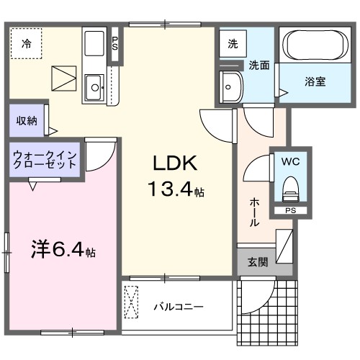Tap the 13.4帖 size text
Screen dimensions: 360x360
pos(176,192)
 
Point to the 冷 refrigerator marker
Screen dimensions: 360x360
pos(26,44)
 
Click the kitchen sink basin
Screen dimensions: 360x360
pos(94,89)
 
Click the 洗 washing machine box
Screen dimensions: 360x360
pos(233,43)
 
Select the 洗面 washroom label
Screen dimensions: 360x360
pos(259,66)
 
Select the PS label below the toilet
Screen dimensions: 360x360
pos(290,211)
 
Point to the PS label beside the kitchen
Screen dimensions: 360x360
pos(115,43)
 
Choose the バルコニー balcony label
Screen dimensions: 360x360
pos(178,306)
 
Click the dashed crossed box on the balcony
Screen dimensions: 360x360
pos(132,302)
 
